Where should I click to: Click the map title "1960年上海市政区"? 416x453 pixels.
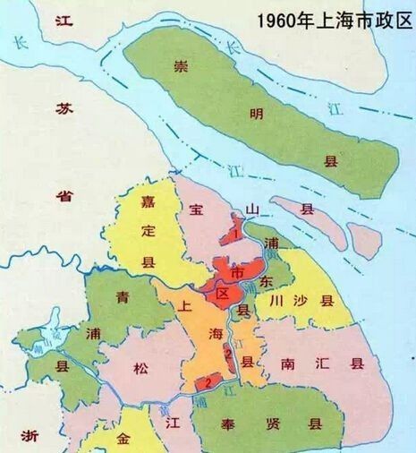333,19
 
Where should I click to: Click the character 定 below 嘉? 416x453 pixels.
149,230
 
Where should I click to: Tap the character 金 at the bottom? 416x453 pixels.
123,440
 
